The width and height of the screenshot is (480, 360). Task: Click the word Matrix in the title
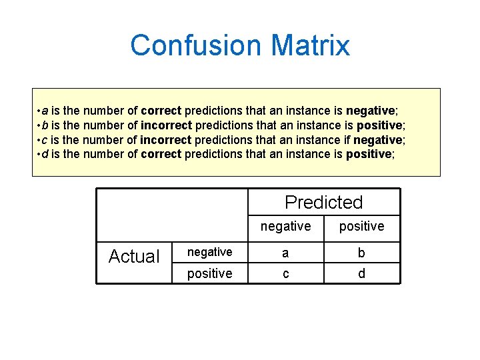coord(310,45)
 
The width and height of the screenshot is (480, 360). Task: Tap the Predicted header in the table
coord(323,202)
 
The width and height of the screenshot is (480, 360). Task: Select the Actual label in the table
coord(134,257)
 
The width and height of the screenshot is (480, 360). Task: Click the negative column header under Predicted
coord(285,227)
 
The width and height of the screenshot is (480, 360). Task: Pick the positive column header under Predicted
coord(361,227)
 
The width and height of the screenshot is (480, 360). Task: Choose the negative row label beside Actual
coord(209,252)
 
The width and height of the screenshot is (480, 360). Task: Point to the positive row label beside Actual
coord(209,274)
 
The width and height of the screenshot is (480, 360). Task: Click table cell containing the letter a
coord(285,253)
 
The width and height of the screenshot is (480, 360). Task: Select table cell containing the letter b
coord(361,253)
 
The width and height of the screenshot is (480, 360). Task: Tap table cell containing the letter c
coord(285,274)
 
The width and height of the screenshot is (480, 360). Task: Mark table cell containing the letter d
coord(361,274)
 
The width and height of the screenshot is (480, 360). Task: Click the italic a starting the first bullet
coord(45,111)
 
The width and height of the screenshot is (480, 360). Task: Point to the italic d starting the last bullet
coord(45,155)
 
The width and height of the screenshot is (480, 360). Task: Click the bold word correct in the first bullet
coord(161,111)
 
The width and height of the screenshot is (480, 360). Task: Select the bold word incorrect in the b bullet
coord(166,125)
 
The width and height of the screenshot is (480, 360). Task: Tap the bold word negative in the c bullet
coord(377,140)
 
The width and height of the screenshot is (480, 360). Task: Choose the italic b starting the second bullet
coord(45,125)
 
